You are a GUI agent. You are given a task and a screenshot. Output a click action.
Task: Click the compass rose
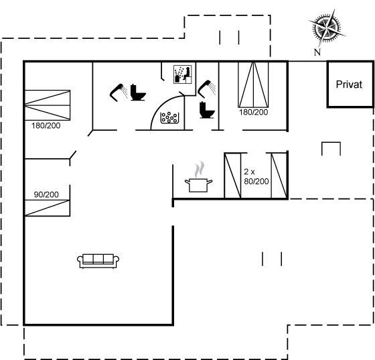tap(327, 28)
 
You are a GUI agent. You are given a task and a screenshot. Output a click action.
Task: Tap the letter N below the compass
tap(317, 52)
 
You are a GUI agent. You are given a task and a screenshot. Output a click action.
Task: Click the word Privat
tap(349, 84)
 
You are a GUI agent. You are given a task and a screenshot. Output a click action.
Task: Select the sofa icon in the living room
tap(98, 261)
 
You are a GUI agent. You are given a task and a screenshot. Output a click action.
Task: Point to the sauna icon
tap(183, 74)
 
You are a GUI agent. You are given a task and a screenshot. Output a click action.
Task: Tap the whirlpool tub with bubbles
tap(169, 118)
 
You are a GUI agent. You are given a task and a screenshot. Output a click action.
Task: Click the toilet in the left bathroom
tap(138, 93)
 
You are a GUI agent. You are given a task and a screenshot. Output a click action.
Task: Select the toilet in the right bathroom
tap(207, 110)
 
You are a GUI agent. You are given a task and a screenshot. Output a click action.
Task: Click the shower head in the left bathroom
tap(118, 92)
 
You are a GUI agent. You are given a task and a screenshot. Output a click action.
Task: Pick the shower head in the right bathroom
tap(206, 89)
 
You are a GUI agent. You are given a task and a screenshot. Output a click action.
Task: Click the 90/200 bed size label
tap(46, 194)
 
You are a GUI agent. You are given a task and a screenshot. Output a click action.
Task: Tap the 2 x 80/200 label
tap(256, 177)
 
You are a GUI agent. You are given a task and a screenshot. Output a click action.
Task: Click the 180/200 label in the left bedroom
tap(46, 125)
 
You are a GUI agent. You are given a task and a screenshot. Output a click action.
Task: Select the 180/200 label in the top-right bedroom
tap(254, 112)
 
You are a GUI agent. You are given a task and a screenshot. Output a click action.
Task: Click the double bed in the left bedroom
tap(48, 105)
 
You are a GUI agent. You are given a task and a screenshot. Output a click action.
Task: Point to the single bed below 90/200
tap(48, 208)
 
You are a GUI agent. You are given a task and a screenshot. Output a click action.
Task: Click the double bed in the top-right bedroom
tap(253, 84)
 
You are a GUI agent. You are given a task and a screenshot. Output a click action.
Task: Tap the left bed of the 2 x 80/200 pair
tap(233, 176)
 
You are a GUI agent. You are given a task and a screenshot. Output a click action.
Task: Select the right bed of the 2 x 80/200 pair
tap(279, 176)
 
